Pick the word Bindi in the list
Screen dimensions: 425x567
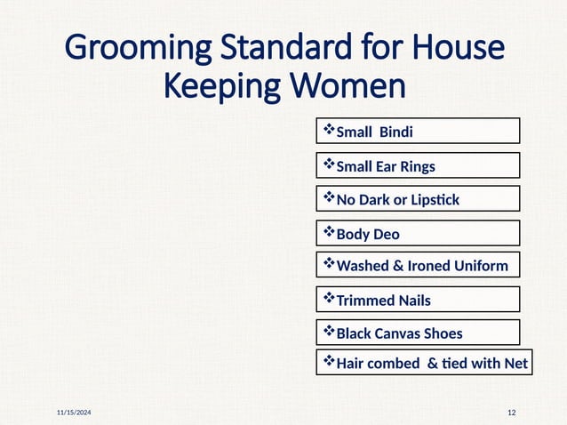396,132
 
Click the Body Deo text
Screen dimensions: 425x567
368,235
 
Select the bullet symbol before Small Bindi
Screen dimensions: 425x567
328,131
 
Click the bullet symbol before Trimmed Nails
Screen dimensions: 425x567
328,299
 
